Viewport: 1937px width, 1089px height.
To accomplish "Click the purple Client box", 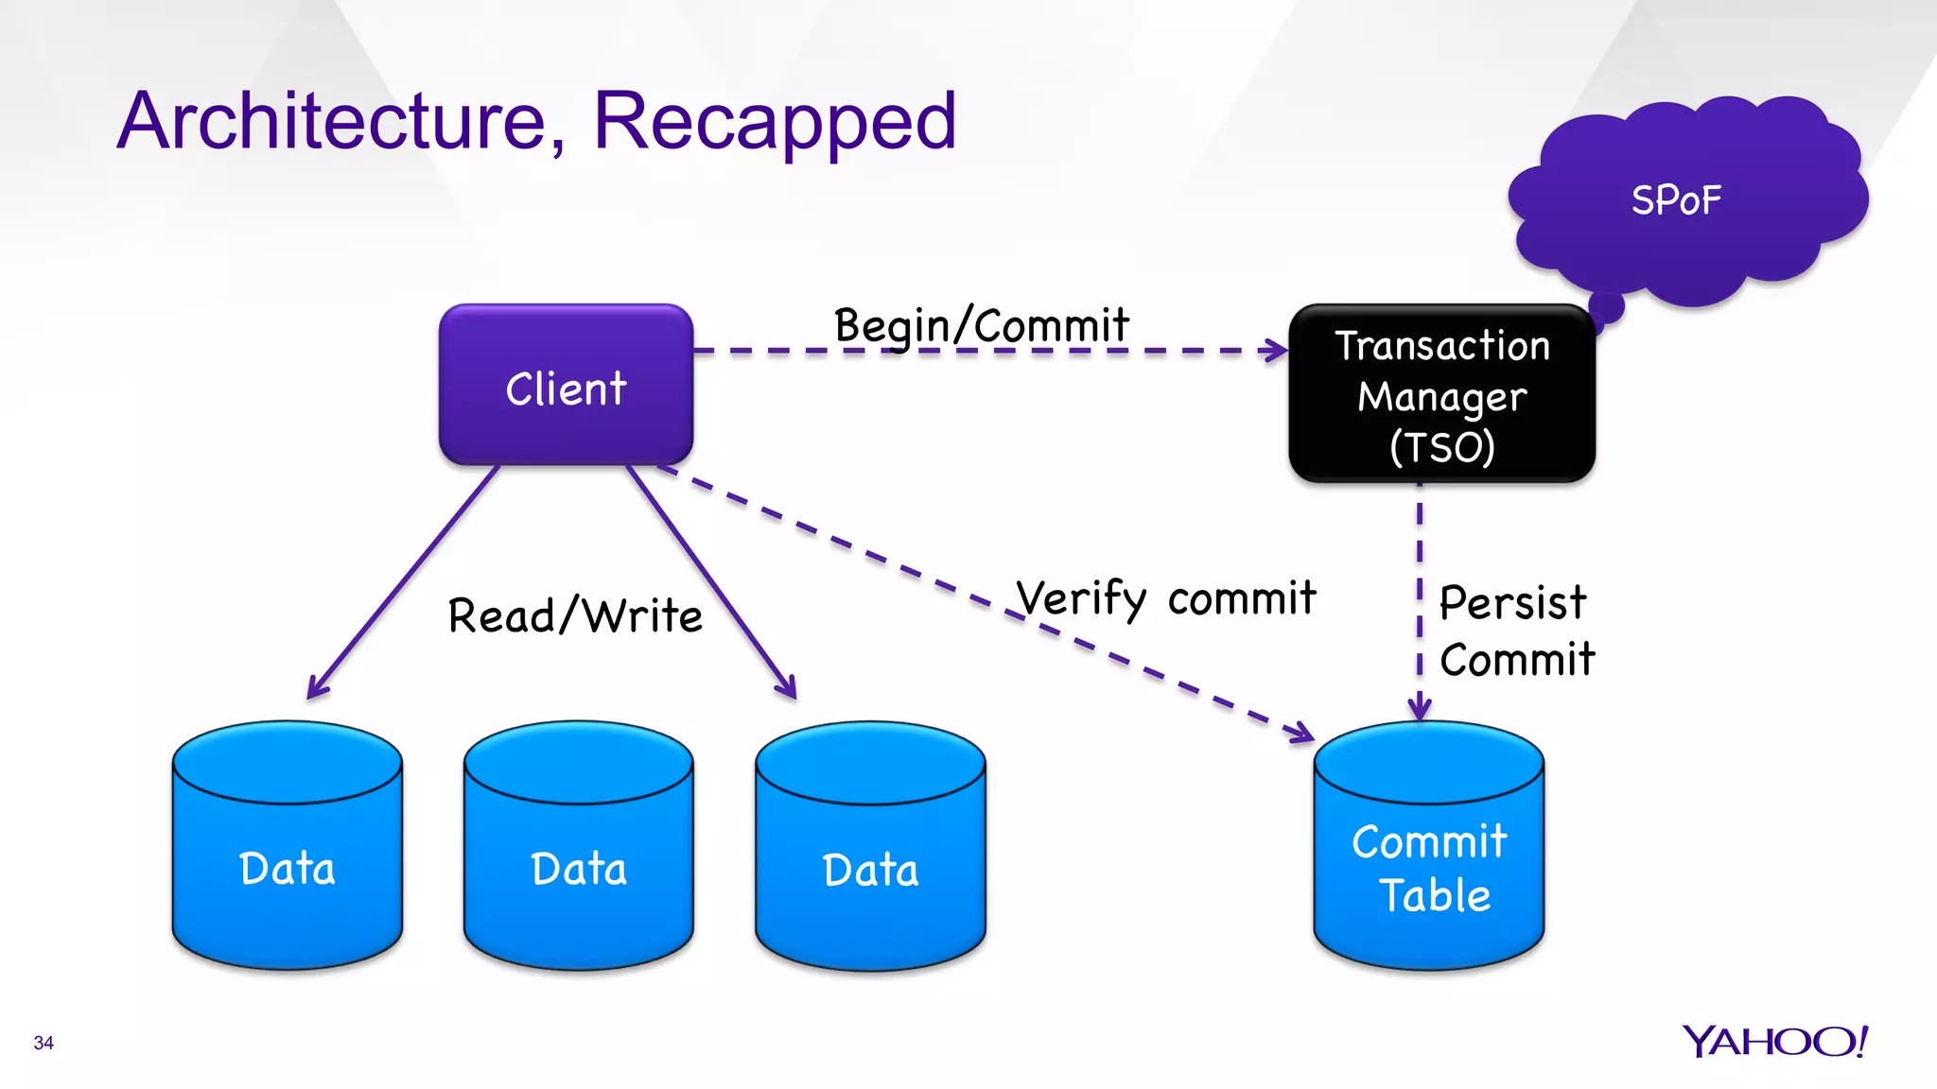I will (566, 385).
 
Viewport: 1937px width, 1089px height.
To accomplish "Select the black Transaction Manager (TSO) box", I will (1441, 394).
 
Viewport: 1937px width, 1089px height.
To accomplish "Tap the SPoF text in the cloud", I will (1676, 200).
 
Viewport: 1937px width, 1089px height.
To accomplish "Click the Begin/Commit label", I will (981, 326).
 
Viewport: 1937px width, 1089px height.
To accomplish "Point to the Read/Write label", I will (575, 615).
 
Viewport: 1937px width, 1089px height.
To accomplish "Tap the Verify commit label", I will (1165, 598).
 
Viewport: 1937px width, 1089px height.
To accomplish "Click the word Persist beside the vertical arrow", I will (1512, 602).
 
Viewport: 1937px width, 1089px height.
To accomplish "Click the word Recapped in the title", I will (775, 121).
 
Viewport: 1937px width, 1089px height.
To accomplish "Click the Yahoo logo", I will (1774, 1041).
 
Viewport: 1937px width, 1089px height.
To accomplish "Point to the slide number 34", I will (44, 1043).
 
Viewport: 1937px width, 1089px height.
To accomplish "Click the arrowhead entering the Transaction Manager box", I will (1278, 351).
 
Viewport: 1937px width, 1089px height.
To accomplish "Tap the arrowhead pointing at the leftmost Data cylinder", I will (316, 689).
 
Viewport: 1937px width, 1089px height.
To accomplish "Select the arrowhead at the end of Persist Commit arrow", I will (1420, 710).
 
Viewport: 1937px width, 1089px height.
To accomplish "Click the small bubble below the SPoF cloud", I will (1606, 307).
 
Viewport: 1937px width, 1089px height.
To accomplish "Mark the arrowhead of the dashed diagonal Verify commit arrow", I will (1303, 733).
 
